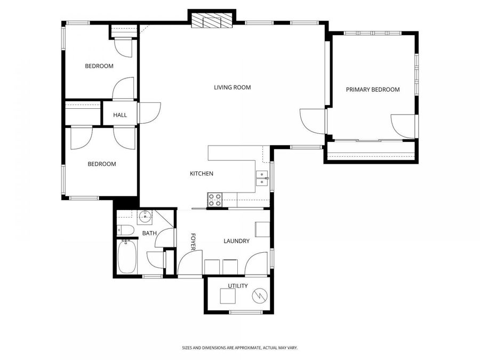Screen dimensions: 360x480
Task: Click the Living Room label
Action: point(232,87)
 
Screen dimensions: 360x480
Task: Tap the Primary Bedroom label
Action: point(372,90)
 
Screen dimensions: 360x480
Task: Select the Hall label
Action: point(120,115)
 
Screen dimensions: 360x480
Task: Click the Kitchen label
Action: point(202,174)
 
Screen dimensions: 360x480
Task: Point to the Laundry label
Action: point(236,241)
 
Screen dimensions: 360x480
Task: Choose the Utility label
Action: point(238,286)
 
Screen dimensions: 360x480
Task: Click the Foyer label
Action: point(193,242)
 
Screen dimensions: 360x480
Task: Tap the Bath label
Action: point(149,233)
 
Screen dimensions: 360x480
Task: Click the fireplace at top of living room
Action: point(212,21)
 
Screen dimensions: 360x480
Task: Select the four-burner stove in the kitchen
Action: point(215,200)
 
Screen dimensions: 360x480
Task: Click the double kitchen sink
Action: point(261,178)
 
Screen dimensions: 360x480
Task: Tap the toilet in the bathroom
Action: point(125,230)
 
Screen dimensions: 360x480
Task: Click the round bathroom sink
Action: point(145,217)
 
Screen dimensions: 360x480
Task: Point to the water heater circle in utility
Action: point(259,294)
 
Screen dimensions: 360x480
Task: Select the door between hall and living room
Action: point(149,113)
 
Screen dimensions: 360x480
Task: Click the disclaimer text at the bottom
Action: point(239,348)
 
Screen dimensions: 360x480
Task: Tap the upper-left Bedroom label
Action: point(99,66)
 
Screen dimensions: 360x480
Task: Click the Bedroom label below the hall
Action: point(101,164)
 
